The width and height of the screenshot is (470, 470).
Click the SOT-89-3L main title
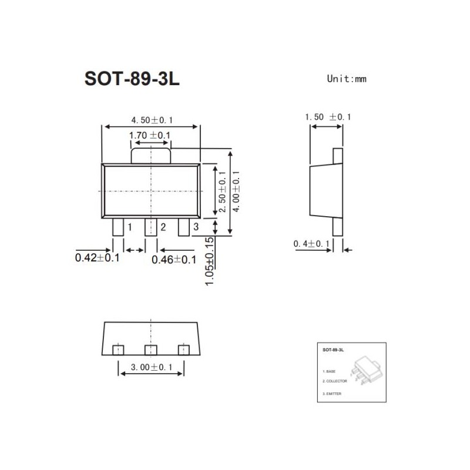132,79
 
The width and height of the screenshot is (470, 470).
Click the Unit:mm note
347,79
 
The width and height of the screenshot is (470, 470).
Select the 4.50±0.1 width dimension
152,120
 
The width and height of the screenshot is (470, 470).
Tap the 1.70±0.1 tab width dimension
150,136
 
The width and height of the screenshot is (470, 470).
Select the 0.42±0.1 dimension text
98,258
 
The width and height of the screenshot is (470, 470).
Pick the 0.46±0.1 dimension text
174,259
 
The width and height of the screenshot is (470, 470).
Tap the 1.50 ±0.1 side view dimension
327,117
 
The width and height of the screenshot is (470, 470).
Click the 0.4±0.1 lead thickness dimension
311,244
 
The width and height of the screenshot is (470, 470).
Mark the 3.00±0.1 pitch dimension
152,368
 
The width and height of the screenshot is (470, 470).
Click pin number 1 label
129,227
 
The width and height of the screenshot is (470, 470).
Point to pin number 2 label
163,227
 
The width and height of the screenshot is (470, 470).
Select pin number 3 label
196,227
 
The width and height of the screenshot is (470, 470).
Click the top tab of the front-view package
151,155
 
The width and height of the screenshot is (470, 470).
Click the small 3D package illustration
365,368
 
